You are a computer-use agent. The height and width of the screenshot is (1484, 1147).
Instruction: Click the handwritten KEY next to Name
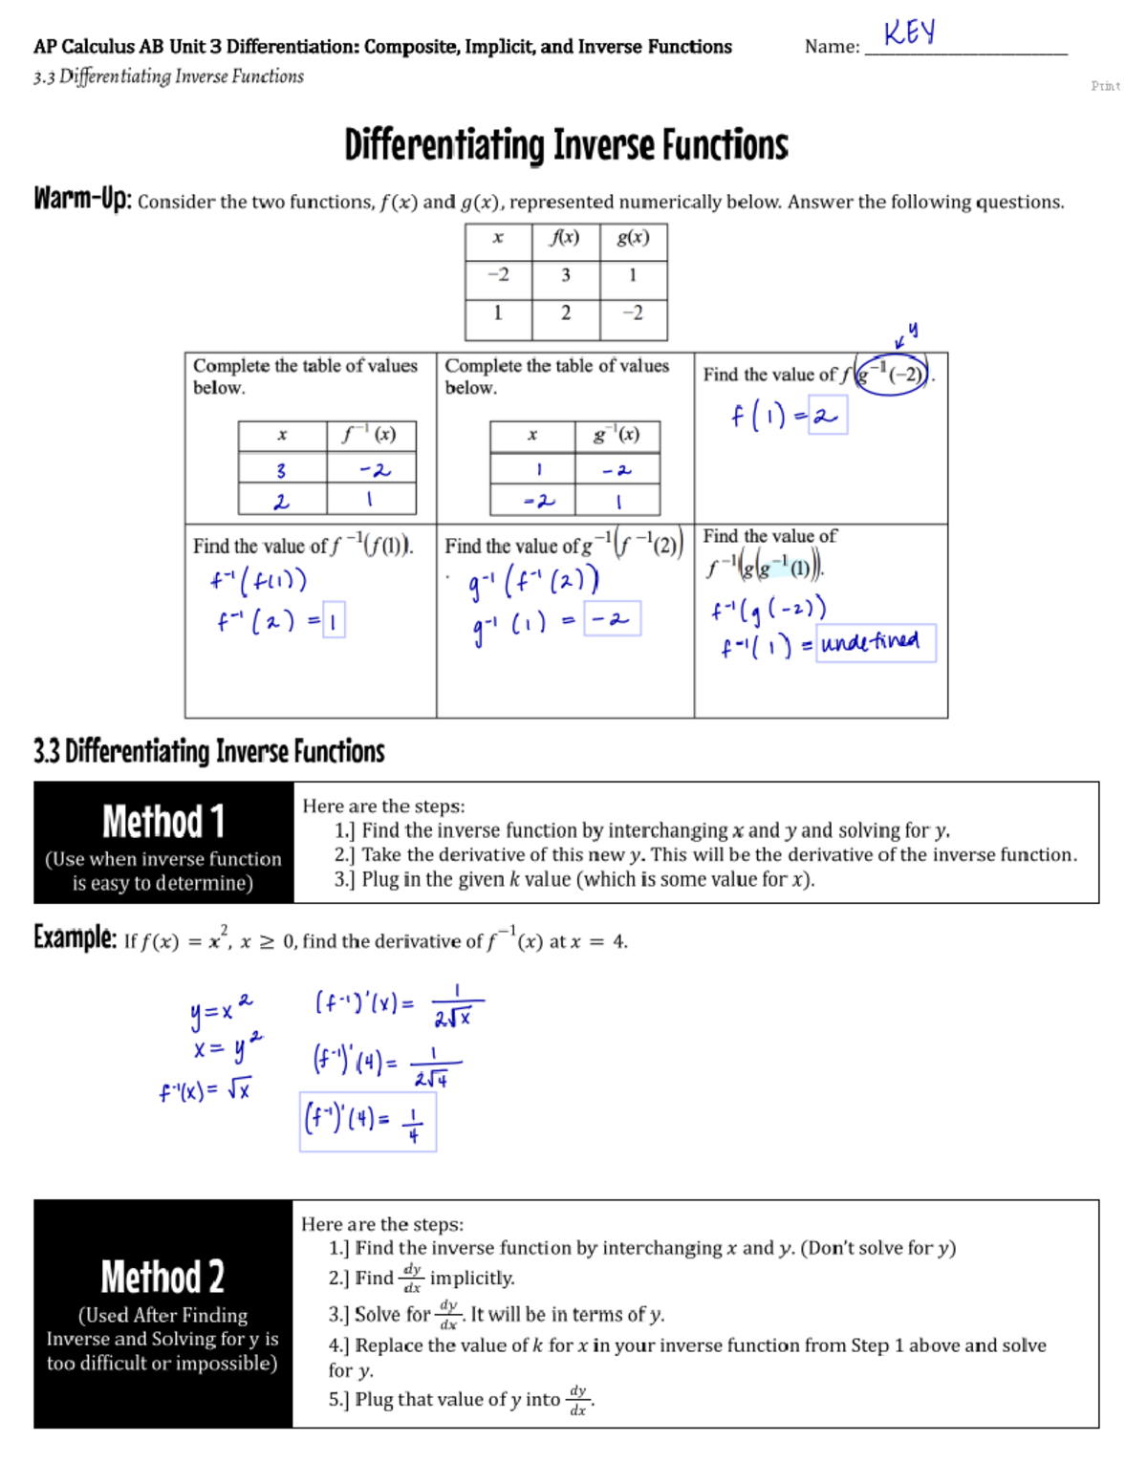pyautogui.click(x=909, y=32)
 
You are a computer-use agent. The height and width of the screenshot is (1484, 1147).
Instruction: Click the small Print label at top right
pyautogui.click(x=1105, y=86)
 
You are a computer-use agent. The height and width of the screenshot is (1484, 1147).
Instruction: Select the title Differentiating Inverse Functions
pyautogui.click(x=566, y=145)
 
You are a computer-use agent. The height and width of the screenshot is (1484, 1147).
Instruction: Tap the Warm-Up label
pyautogui.click(x=82, y=199)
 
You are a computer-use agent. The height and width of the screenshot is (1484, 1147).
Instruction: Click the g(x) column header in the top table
pyautogui.click(x=633, y=238)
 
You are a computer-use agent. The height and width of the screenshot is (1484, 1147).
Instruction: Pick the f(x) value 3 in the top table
pyautogui.click(x=566, y=275)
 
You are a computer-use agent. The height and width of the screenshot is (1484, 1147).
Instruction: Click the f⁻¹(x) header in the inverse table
pyautogui.click(x=370, y=435)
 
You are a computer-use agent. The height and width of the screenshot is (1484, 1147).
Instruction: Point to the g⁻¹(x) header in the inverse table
pyautogui.click(x=617, y=435)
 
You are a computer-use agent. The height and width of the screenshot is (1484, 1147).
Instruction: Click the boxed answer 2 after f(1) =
pyautogui.click(x=827, y=416)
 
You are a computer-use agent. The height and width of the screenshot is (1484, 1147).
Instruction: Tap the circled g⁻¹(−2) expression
pyautogui.click(x=893, y=374)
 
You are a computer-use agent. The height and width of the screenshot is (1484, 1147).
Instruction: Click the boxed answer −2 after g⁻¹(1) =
pyautogui.click(x=612, y=619)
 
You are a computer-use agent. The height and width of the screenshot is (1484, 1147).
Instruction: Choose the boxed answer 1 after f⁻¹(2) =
pyautogui.click(x=334, y=620)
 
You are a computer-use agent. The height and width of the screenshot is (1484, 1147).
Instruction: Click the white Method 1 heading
pyautogui.click(x=163, y=822)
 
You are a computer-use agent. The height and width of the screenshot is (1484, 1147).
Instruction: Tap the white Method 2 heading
pyautogui.click(x=162, y=1277)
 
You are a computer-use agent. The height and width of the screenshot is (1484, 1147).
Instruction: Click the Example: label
pyautogui.click(x=75, y=937)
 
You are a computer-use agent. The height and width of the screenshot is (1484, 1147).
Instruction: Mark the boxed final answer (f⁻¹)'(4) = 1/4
pyautogui.click(x=367, y=1122)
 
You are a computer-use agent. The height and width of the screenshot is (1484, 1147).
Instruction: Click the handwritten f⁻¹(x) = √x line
pyautogui.click(x=206, y=1090)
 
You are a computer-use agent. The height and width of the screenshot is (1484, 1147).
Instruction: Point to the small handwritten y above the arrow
pyautogui.click(x=913, y=330)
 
